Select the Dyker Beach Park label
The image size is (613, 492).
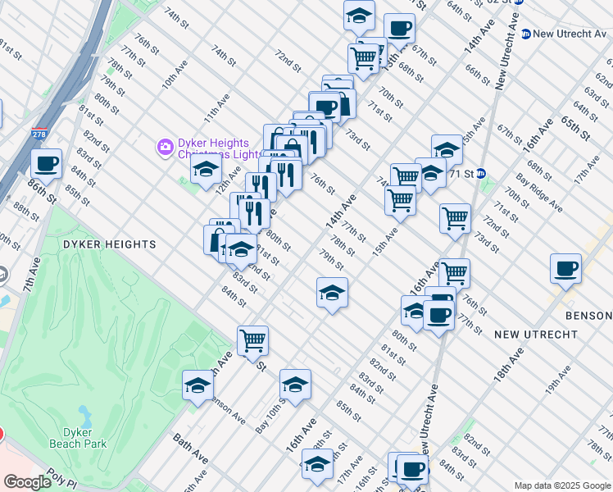[83, 438]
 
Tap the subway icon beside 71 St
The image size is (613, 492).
[483, 174]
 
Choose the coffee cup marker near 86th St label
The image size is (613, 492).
[46, 162]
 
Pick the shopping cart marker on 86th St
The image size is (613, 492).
[252, 338]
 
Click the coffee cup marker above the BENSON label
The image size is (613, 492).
[565, 267]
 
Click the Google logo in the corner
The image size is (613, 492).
[28, 482]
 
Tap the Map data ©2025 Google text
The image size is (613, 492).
[562, 485]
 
